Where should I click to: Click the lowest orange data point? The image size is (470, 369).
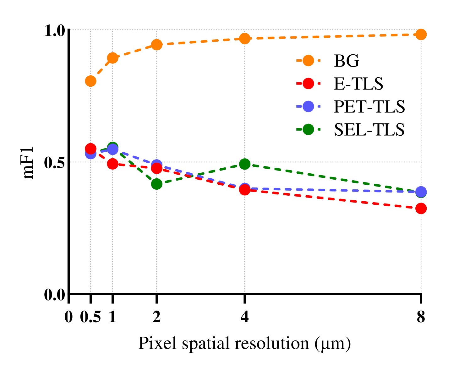(90, 81)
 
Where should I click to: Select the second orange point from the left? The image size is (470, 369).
(112, 58)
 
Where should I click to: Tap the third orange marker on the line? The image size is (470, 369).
(156, 45)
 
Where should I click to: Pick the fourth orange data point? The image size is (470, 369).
(245, 39)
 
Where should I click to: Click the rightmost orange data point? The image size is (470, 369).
(421, 34)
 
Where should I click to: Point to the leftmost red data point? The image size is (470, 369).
(90, 149)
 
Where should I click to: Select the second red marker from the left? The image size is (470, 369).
(112, 164)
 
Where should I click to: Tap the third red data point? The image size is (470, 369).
(156, 169)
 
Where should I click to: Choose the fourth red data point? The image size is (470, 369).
(245, 190)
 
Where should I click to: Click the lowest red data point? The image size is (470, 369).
(421, 208)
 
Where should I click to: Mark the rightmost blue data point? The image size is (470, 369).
(421, 192)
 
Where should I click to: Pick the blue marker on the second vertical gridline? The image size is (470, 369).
(112, 149)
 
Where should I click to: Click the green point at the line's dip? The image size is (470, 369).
(156, 184)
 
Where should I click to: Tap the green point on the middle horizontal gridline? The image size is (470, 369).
(245, 164)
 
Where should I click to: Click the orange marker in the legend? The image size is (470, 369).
(308, 60)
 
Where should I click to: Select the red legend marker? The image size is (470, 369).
(308, 84)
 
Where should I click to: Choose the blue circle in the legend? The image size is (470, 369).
(308, 106)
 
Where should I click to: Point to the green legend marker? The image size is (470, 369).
(308, 129)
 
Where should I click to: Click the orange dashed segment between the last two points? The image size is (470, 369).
(333, 36)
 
